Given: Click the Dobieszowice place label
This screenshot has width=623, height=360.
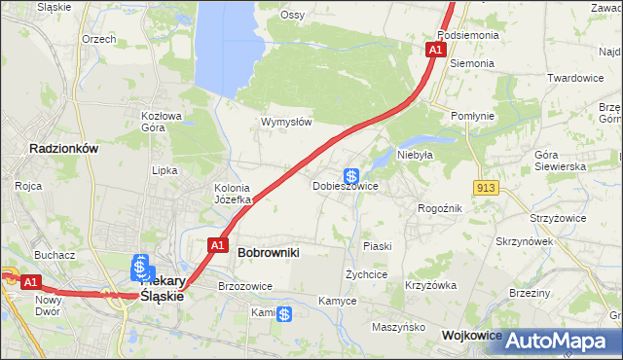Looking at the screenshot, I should [345, 185].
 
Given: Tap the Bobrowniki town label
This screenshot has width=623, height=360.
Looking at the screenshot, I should [268, 252].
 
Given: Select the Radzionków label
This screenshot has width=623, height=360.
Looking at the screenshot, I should [64, 149].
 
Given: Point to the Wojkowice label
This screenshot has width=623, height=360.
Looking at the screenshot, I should [471, 335].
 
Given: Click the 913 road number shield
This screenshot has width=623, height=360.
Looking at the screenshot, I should [488, 186].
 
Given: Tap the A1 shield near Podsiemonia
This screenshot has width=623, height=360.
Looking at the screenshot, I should [435, 49].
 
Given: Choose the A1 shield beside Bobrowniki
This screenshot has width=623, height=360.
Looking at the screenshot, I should [218, 245].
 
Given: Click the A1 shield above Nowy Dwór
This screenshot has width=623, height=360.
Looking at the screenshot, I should [31, 282].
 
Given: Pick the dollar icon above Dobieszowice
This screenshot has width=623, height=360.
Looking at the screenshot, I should [350, 175].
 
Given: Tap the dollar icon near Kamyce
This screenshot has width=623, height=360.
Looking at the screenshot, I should [283, 314].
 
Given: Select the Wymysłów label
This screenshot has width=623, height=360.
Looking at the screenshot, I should [285, 122].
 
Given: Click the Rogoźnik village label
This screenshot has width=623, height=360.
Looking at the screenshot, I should [439, 208].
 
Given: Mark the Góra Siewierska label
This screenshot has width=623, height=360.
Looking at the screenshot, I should [560, 161].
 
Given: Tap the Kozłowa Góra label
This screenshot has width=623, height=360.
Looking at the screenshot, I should [162, 121].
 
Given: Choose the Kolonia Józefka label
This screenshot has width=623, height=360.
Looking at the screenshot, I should [233, 194].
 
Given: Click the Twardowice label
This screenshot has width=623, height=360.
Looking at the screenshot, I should [575, 78].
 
